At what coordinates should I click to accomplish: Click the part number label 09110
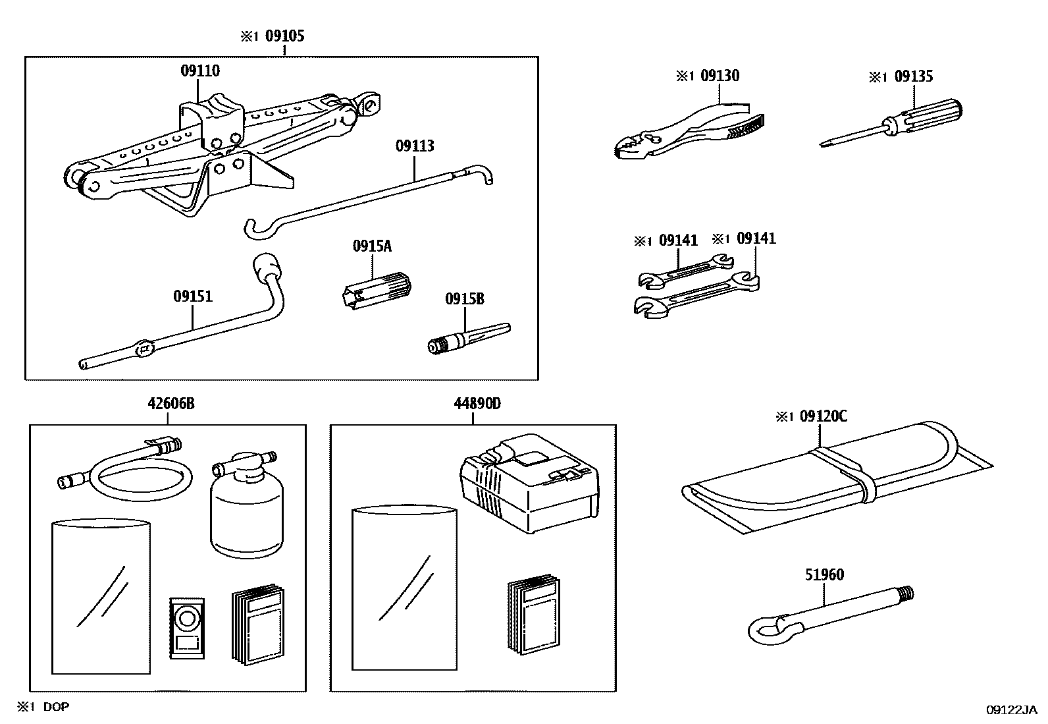200,70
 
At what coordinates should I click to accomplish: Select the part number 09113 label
415,146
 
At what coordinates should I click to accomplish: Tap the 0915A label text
372,246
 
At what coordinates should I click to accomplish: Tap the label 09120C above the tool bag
823,416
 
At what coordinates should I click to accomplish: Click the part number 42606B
170,403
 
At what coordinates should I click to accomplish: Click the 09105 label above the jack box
284,36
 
